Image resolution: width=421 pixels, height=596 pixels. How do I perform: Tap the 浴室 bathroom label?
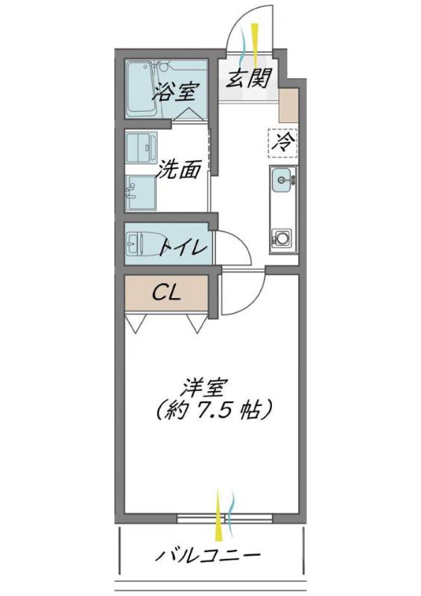[175, 93]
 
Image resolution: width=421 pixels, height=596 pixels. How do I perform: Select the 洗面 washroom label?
[179, 170]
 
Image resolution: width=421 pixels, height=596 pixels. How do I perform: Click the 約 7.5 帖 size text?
[212, 409]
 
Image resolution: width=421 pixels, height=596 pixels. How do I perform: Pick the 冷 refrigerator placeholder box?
[282, 142]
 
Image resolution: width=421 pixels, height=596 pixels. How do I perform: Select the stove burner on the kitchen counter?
[283, 239]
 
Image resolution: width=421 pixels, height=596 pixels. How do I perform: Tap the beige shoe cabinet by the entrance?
[288, 105]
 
